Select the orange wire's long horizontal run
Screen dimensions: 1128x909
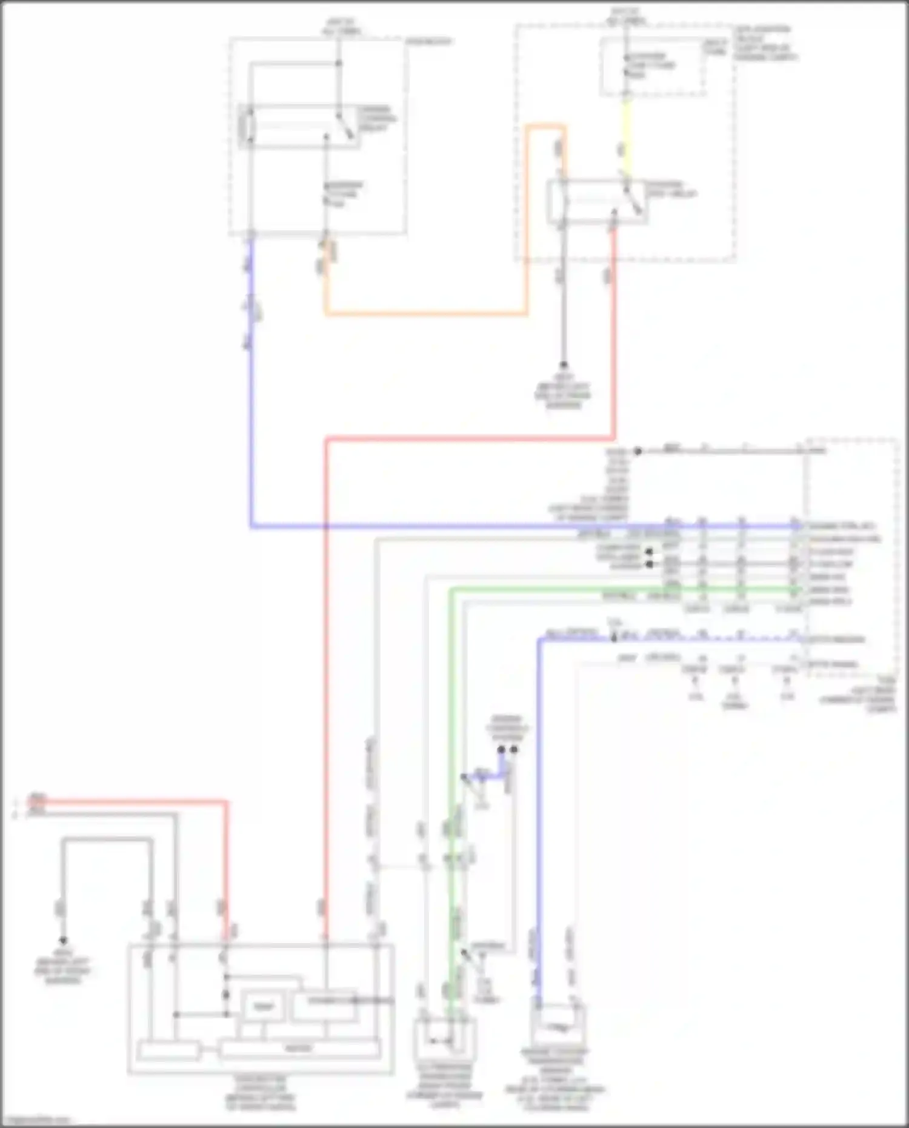tap(424, 314)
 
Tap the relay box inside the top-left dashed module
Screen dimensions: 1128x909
tap(300, 127)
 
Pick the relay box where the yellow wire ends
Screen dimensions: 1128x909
tap(597, 201)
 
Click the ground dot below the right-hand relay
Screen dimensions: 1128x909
tap(563, 365)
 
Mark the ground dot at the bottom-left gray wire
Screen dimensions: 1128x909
tap(63, 939)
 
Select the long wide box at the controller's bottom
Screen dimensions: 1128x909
tap(299, 1048)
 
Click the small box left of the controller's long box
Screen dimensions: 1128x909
tap(168, 1050)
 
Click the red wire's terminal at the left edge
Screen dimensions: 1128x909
tap(36, 801)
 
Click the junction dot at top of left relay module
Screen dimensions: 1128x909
tap(339, 63)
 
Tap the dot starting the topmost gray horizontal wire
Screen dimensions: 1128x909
tap(638, 451)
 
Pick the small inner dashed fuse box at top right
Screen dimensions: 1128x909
tap(653, 67)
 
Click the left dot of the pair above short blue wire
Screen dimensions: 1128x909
tap(501, 750)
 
